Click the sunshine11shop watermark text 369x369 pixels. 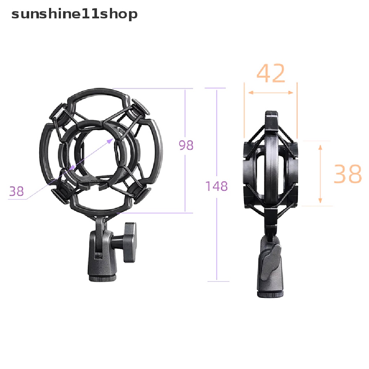[74, 14]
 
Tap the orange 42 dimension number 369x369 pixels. [271, 73]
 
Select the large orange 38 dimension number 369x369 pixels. [348, 174]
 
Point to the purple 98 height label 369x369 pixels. [186, 145]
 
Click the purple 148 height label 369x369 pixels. [217, 186]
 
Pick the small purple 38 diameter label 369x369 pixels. [17, 191]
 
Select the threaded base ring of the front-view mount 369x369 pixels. [103, 279]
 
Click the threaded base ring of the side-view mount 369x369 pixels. [270, 295]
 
